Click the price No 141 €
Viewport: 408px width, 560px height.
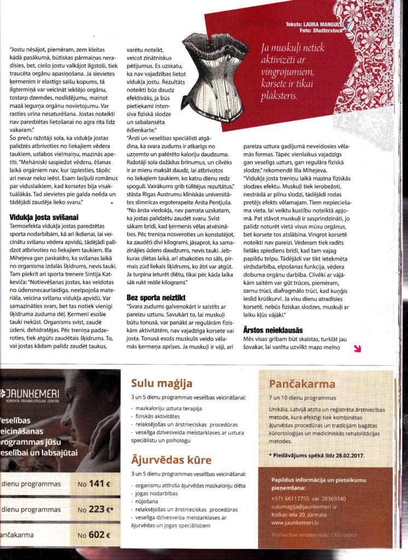[94, 483]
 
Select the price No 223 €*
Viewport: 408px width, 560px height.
[96, 509]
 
